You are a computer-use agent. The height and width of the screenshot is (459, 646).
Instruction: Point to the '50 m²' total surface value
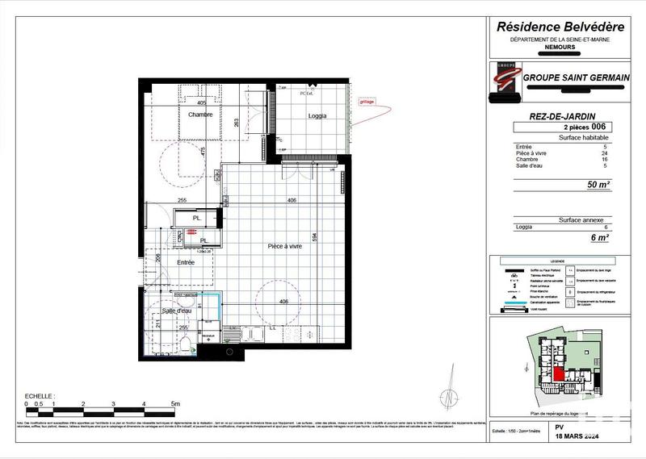(598, 185)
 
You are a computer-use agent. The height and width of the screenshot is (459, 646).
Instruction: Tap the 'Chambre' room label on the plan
(199, 115)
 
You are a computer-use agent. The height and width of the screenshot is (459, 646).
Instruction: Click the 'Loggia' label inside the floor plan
(318, 116)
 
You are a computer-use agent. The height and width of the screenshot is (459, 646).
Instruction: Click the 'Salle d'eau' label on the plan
(176, 311)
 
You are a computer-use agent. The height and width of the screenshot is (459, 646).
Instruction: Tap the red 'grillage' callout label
(366, 102)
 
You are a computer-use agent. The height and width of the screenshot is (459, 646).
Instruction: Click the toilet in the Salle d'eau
(186, 344)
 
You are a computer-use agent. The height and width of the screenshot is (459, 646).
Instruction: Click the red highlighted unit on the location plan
(559, 373)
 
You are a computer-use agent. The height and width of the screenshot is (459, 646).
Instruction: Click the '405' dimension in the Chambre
(202, 103)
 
